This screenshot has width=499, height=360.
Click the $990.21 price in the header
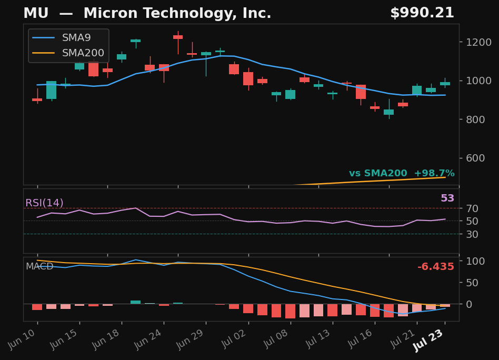click(422, 13)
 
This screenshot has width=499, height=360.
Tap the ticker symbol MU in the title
click(36, 13)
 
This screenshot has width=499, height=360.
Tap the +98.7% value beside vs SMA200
click(434, 173)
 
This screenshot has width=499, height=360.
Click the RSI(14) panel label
click(44, 203)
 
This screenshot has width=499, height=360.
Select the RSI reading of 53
click(447, 198)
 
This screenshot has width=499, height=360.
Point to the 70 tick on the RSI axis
click(472, 208)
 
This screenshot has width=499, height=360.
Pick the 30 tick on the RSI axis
click(472, 234)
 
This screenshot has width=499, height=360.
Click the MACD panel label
click(39, 266)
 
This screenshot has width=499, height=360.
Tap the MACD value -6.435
click(436, 266)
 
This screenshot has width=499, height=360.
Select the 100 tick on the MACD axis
click(475, 261)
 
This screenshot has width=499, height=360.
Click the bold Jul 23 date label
click(428, 341)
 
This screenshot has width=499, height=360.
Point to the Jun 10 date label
click(23, 339)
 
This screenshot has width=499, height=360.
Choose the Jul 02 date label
click(234, 339)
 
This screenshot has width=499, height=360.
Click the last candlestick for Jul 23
click(445, 83)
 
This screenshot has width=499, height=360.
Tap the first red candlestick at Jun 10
click(37, 99)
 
